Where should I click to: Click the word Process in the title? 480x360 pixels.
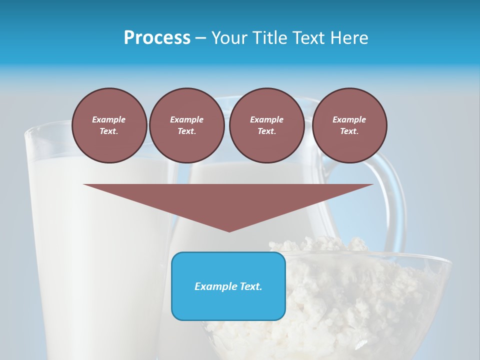[157, 37]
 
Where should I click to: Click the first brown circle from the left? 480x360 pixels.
[109, 125]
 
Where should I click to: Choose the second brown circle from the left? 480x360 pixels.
[187, 125]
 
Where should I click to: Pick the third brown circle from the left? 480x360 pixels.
[266, 125]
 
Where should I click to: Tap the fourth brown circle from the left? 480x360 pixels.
[349, 125]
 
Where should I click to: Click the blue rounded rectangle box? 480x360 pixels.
[228, 305]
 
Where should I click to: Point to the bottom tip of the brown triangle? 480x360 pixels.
[229, 231]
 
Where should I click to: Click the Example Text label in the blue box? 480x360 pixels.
[228, 286]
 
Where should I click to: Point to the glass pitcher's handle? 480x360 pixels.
[397, 200]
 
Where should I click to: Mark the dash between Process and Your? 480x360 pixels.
[200, 38]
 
